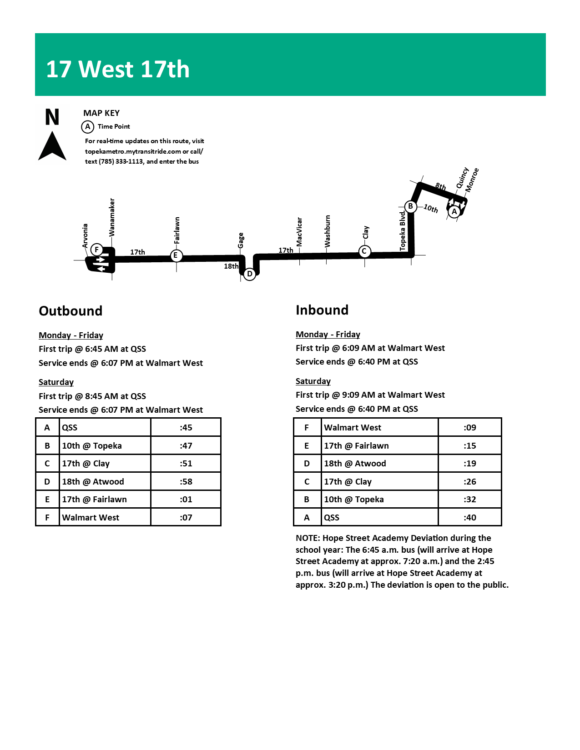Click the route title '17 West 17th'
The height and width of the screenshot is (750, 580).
tap(118, 69)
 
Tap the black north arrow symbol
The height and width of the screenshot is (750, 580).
tap(52, 146)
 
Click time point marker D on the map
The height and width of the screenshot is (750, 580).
tap(249, 274)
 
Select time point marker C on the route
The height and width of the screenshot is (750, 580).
tap(364, 251)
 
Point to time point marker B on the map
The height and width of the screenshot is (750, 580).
tap(410, 206)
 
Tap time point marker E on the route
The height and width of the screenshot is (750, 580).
tap(176, 255)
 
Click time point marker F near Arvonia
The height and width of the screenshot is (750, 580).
tap(96, 250)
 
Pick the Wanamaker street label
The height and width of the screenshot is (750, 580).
tap(112, 217)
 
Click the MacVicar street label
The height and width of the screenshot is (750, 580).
tap(299, 232)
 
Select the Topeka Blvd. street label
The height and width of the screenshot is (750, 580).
tap(403, 230)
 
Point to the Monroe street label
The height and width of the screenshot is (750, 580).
tap(472, 180)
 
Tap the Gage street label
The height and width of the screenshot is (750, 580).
tap(241, 240)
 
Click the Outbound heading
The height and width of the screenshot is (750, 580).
tap(71, 311)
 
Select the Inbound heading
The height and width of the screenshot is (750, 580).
tap(322, 310)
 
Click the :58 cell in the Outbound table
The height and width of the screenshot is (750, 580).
tap(186, 481)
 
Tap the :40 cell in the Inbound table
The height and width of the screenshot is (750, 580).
tap(469, 517)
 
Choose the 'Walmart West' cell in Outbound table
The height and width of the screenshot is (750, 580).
tap(91, 517)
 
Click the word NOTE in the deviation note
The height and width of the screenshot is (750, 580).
tap(308, 538)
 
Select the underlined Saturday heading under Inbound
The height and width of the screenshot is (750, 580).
tap(313, 381)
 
